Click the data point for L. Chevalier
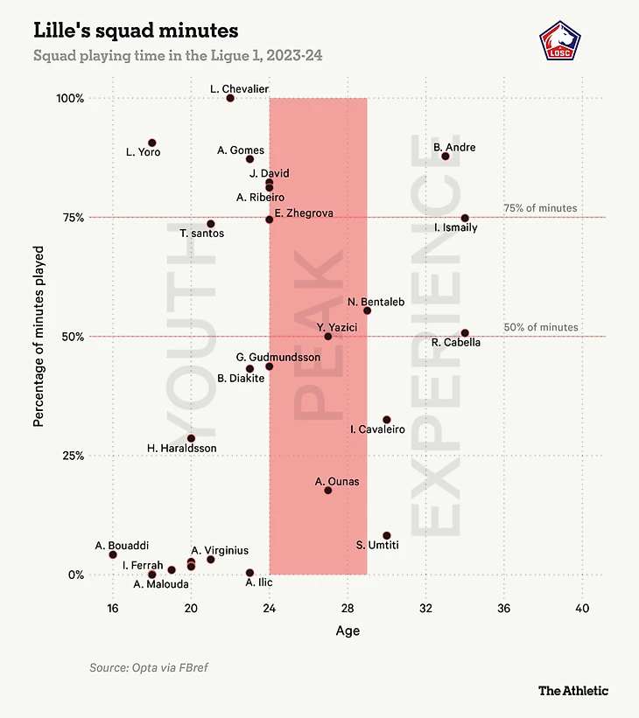click(230, 98)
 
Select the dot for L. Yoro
click(151, 143)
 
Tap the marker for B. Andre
click(446, 156)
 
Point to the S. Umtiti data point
click(387, 535)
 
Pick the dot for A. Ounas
click(328, 490)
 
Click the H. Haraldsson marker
click(191, 438)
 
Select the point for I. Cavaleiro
click(387, 420)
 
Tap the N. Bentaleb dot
click(368, 310)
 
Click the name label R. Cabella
click(456, 343)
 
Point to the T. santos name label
click(201, 234)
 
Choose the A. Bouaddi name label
click(122, 546)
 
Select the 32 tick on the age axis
click(425, 609)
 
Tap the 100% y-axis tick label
click(69, 98)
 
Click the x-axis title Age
click(348, 631)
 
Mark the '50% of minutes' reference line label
click(541, 327)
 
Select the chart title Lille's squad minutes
click(136, 31)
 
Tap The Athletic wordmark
click(572, 691)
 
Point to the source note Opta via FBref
click(149, 668)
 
